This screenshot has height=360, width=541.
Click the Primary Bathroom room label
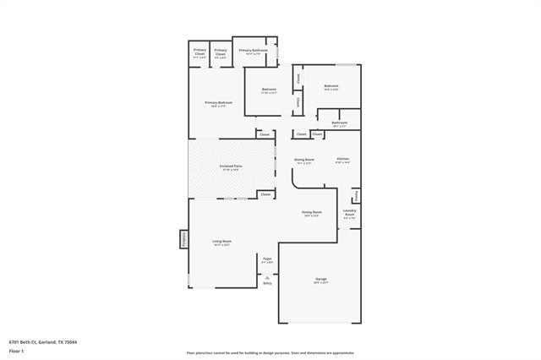(254, 50)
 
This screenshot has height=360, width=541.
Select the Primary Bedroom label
(218, 102)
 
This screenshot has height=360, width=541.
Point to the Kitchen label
(343, 159)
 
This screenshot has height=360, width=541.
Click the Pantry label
(357, 195)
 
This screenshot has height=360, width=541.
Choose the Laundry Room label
(349, 212)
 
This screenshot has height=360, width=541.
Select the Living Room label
(221, 241)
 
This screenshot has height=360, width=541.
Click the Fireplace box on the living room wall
(183, 240)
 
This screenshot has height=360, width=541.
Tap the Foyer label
(267, 258)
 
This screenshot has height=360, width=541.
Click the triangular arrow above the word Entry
(267, 277)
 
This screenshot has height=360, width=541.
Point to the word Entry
(267, 284)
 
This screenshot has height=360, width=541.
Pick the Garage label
(321, 279)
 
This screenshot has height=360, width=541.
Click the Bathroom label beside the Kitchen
(340, 123)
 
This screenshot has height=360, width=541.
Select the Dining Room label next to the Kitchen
(303, 159)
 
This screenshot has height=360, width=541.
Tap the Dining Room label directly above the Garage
(312, 212)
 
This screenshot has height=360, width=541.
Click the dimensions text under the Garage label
(321, 283)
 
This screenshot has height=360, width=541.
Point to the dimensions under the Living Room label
(221, 245)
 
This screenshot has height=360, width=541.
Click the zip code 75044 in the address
(71, 342)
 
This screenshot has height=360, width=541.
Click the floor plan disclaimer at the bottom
(270, 352)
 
